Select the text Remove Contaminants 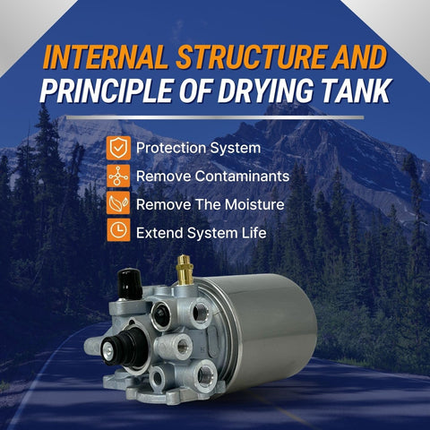211,176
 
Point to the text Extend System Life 201,232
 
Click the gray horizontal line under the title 215,117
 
